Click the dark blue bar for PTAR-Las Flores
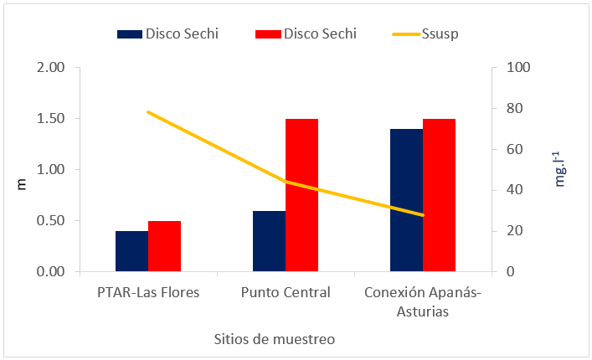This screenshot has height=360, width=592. coord(132,251)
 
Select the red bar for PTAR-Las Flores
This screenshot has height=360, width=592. coord(165,246)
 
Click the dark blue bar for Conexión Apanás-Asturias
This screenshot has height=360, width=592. coord(406,200)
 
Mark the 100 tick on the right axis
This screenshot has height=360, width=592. coord(512,68)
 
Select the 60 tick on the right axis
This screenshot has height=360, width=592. coord(509,150)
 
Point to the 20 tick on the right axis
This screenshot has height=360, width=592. coord(509,231)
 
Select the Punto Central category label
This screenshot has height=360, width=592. coord(286,292)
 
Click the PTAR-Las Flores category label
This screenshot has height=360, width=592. coord(148,292)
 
